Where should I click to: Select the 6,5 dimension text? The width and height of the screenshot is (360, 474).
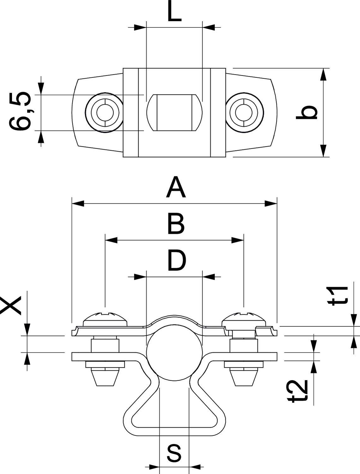click(20, 112)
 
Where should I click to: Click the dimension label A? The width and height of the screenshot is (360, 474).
click(176, 188)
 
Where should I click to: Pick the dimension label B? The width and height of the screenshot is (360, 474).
click(176, 224)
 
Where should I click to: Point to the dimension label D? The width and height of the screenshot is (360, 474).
click(177, 261)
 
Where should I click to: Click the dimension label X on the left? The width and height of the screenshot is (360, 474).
click(11, 305)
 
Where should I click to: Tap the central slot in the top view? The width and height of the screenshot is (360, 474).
click(174, 112)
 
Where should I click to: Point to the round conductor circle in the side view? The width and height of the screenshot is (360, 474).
click(174, 350)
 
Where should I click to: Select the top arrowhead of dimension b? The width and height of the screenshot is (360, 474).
click(323, 74)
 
